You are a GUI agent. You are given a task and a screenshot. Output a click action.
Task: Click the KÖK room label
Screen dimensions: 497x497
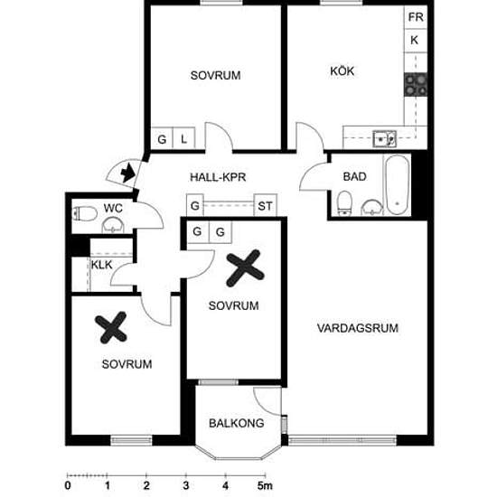(x=342, y=71)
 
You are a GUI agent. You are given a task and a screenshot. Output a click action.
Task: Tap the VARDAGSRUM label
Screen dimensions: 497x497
(x=358, y=328)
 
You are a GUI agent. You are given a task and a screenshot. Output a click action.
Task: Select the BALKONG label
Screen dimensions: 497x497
(x=237, y=423)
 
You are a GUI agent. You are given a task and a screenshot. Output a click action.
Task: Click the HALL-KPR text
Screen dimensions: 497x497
(x=218, y=177)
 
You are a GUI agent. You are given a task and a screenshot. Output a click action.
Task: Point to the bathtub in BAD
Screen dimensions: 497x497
(x=397, y=184)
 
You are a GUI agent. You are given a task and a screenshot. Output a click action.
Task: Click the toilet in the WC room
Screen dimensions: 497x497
(x=85, y=213)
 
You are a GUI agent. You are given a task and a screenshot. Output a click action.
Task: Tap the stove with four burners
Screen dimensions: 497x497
(x=416, y=85)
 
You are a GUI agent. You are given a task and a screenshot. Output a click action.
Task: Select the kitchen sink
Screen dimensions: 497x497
(x=384, y=139)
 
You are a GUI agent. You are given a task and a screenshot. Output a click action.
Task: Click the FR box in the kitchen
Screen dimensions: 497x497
(x=416, y=17)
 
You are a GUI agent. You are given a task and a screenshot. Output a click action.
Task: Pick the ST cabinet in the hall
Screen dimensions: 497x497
(x=266, y=206)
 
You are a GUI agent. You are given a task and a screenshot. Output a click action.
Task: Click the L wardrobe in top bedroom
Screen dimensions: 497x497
(x=183, y=138)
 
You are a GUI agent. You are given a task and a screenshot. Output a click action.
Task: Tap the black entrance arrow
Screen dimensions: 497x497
(x=128, y=173)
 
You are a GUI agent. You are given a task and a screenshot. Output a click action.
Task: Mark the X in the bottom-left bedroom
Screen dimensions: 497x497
(x=111, y=328)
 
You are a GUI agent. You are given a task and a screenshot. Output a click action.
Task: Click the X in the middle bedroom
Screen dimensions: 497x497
(x=245, y=268)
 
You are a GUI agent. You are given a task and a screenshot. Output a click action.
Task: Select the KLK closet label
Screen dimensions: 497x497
(x=102, y=265)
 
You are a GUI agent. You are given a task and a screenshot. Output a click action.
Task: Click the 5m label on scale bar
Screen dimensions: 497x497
(x=265, y=485)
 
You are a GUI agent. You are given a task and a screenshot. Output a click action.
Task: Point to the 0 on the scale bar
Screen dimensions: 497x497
(x=68, y=485)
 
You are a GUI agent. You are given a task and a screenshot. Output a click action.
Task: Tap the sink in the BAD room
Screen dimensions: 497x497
(x=371, y=207)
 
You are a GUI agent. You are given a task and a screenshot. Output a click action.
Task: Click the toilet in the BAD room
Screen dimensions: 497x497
(x=344, y=202)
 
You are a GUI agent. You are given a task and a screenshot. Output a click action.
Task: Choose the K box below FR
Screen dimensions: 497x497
(x=416, y=41)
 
